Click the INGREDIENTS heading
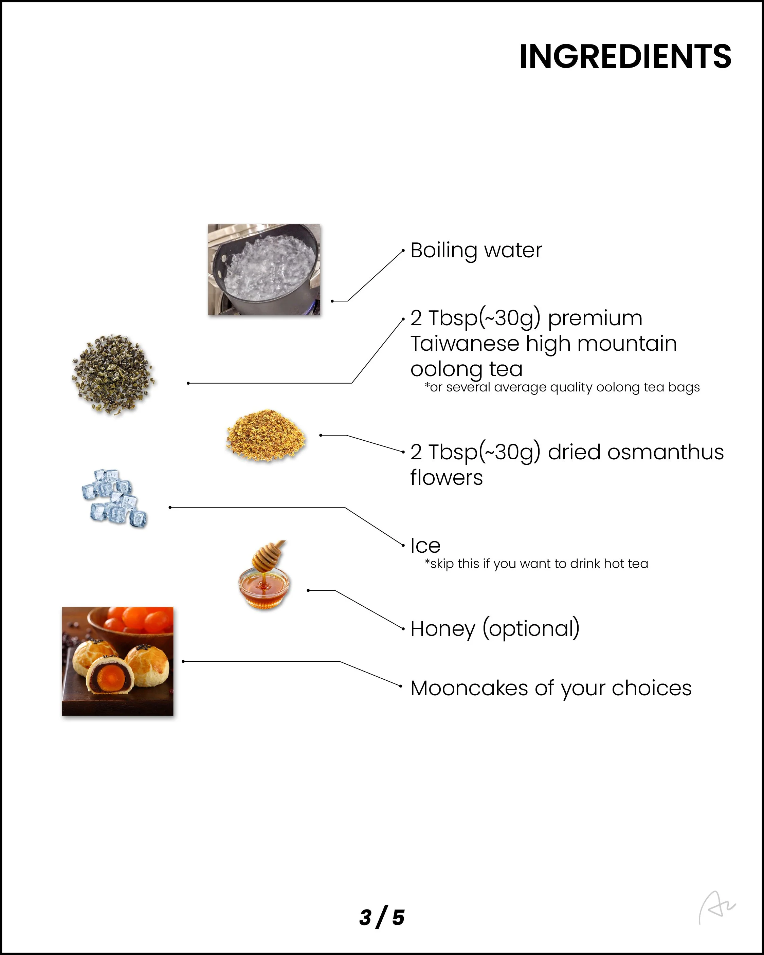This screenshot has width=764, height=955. coord(625,57)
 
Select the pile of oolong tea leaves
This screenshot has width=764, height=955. coord(113,374)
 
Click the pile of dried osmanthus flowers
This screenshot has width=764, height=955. coord(266,436)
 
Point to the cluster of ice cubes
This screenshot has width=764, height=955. coord(114,498)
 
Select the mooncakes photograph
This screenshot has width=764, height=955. coord(117,661)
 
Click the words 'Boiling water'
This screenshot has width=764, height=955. coord(476,250)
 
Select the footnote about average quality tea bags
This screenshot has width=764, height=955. coord(562,387)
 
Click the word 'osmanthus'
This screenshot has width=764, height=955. coord(665,452)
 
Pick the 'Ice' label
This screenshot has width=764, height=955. coord(425,546)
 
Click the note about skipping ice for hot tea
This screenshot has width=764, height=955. coord(536,564)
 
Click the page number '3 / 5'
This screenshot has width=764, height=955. coord(382,917)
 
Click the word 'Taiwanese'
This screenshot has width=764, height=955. coord(465,344)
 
